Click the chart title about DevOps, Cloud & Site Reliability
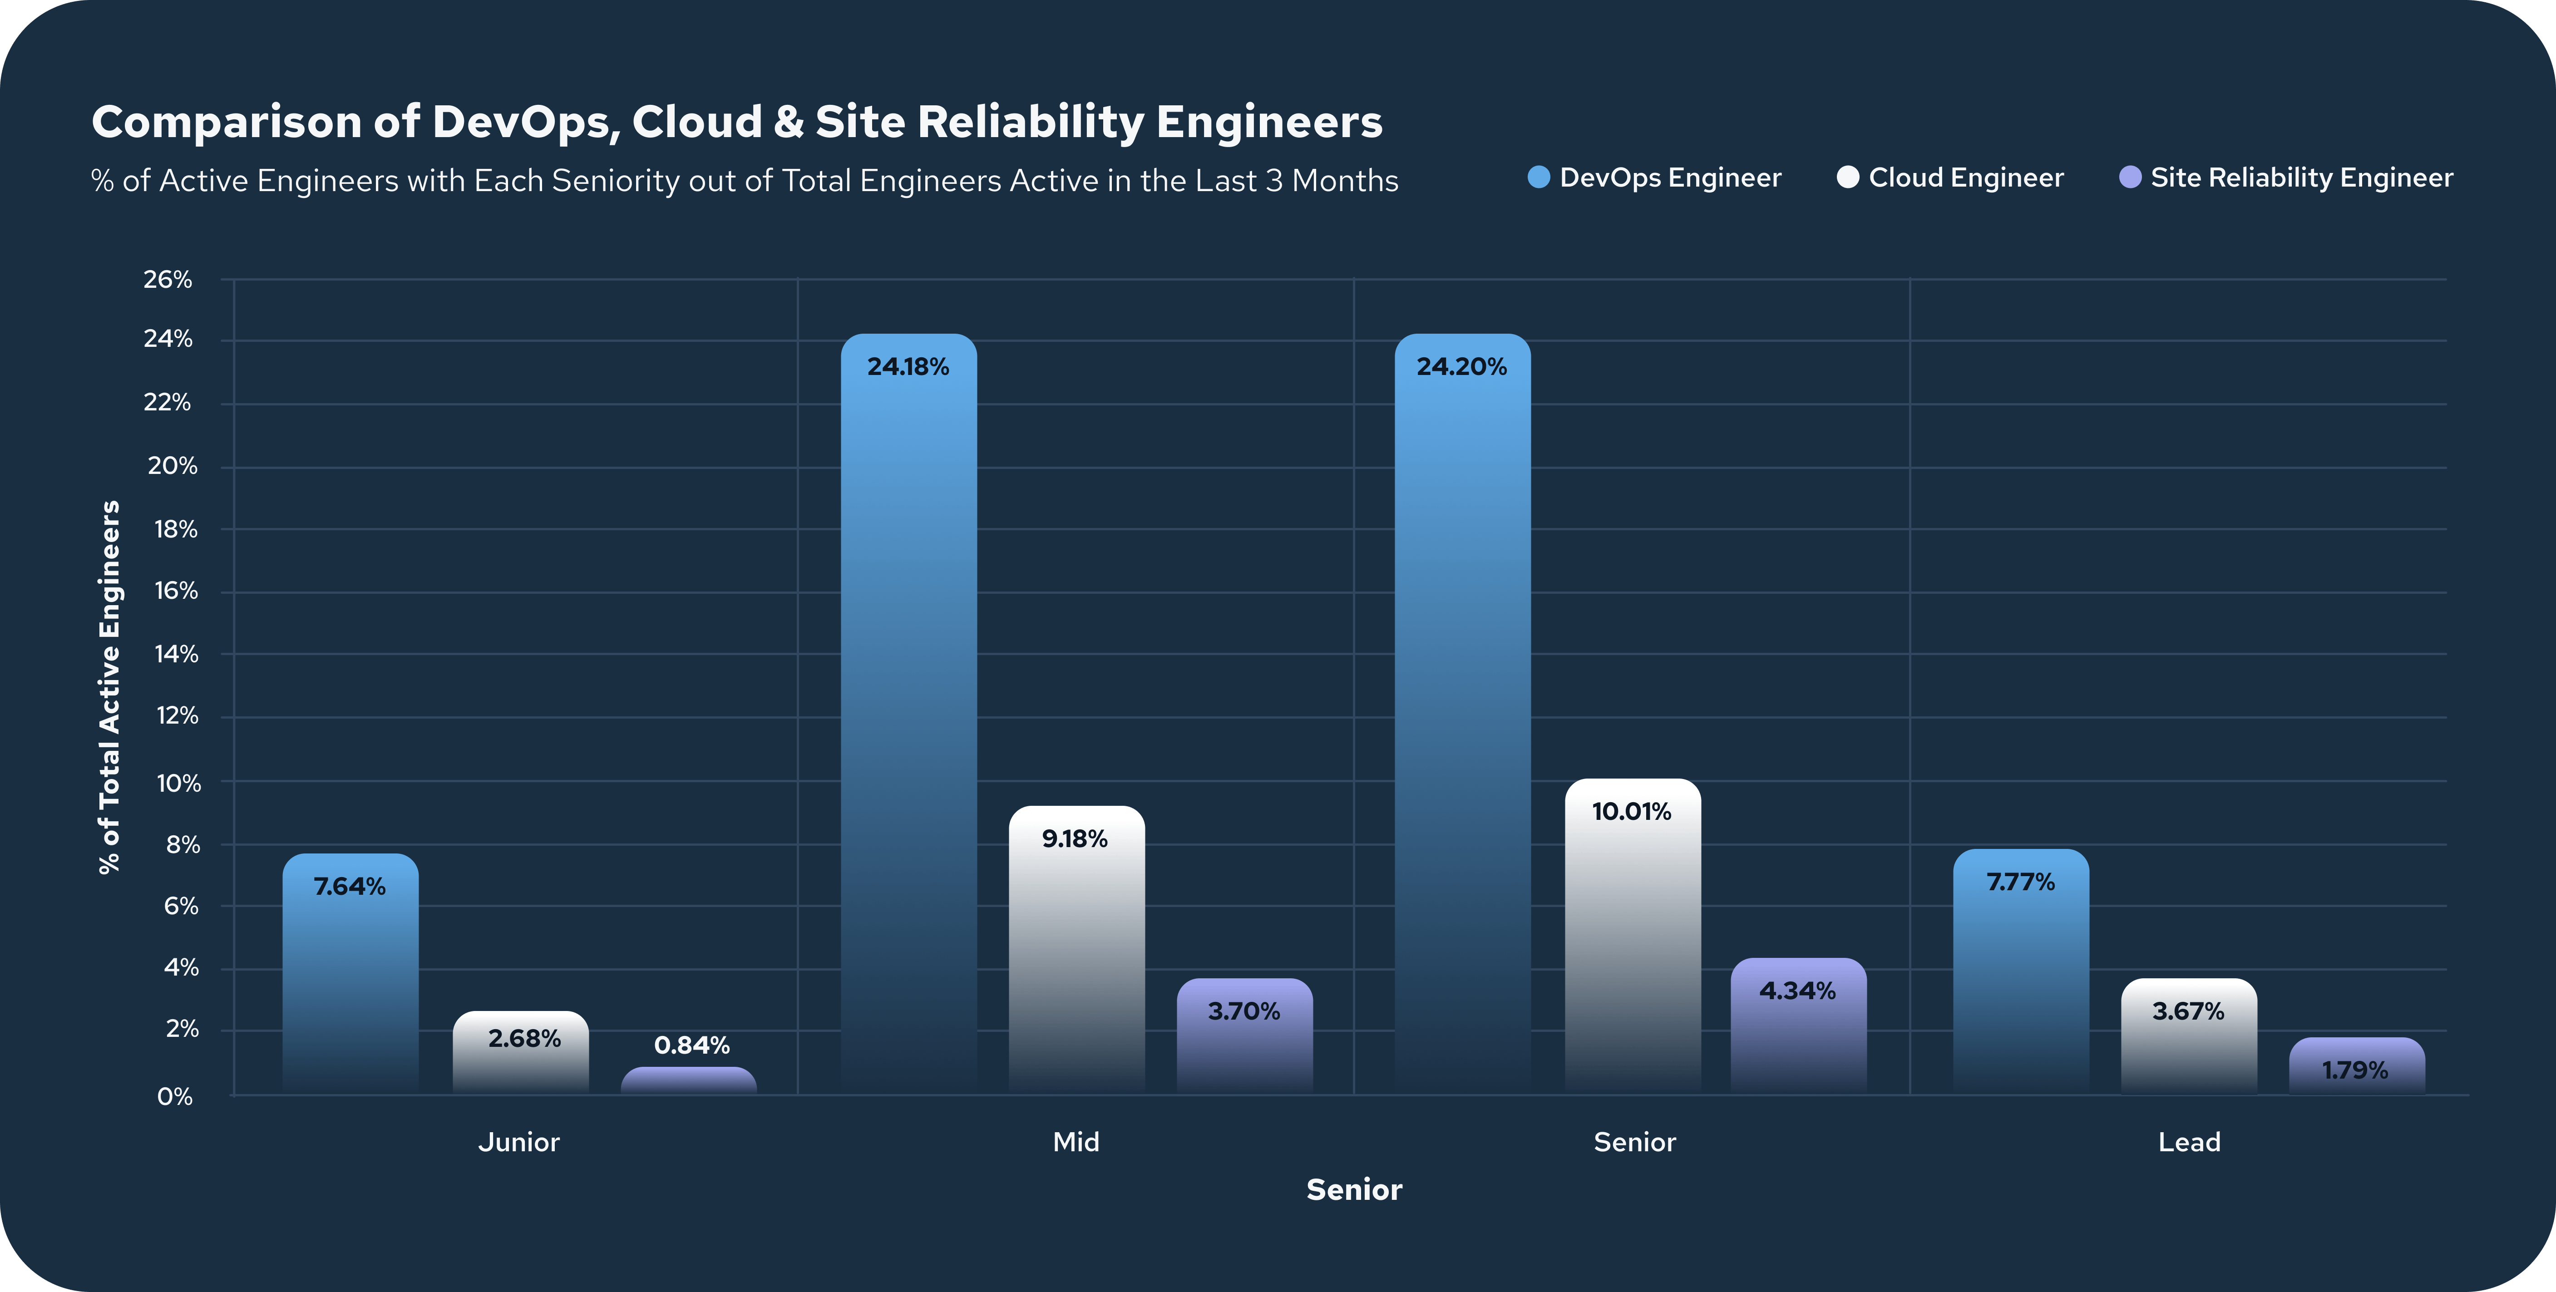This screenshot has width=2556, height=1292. click(736, 122)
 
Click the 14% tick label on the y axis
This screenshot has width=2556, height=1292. click(175, 654)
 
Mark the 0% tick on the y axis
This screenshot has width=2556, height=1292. click(175, 1096)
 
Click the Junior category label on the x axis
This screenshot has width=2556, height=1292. click(519, 1142)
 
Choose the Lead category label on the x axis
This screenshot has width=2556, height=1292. click(2189, 1142)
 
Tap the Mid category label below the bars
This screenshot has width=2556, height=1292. click(1076, 1142)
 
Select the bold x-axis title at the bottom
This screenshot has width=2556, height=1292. click(1353, 1190)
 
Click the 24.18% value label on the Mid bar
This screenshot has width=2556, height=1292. click(908, 367)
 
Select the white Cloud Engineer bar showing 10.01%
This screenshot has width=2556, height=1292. click(1632, 943)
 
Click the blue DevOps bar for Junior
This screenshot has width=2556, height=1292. click(350, 982)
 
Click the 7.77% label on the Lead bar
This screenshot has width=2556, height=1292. click(2020, 882)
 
